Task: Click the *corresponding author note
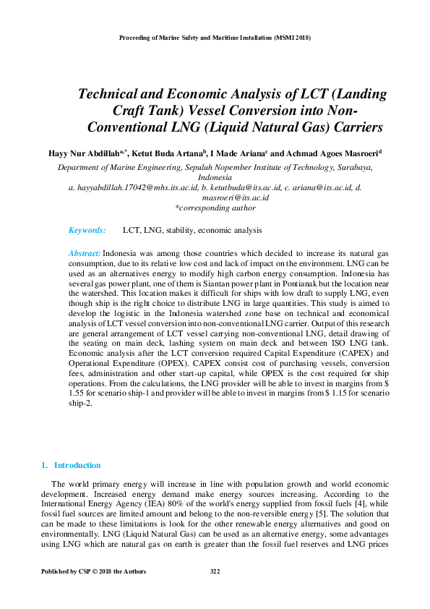215,208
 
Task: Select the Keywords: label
87,230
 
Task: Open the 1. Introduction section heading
72,465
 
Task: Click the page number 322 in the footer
215,571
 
